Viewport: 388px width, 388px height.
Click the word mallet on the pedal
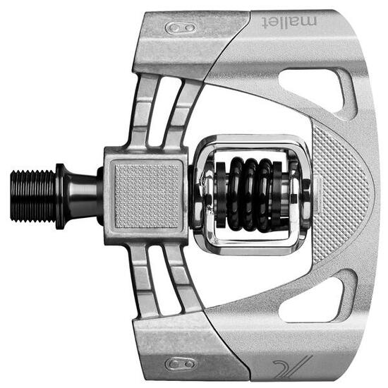(x=290, y=20)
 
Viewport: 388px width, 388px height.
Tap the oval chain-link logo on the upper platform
(x=180, y=28)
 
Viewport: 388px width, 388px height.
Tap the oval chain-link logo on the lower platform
(x=180, y=363)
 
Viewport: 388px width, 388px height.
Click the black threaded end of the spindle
(x=32, y=195)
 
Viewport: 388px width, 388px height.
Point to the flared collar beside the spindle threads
(x=62, y=195)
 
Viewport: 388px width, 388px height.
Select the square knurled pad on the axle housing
(x=147, y=195)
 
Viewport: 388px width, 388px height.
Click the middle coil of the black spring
(x=251, y=194)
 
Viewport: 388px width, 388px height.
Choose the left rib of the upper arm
(x=144, y=113)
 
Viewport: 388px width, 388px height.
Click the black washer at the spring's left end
(x=221, y=194)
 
